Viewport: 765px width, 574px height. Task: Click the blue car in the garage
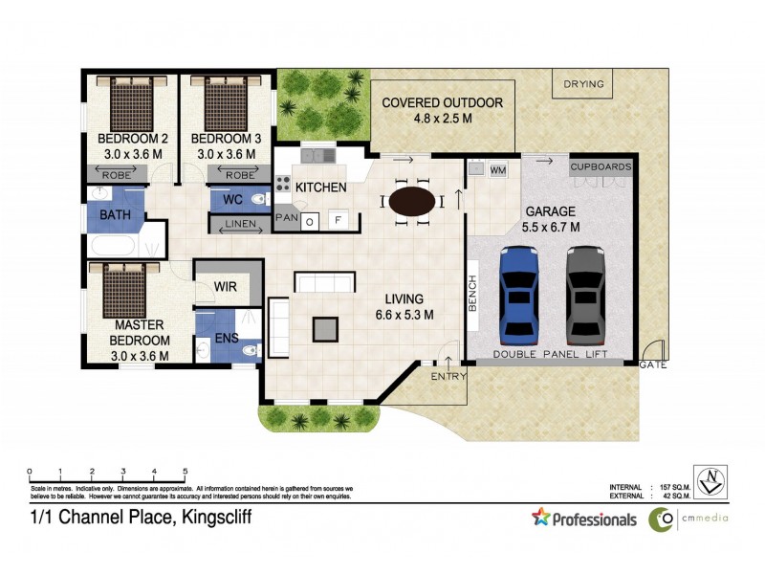point(519,296)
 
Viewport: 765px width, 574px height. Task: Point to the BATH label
point(115,216)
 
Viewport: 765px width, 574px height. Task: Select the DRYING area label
point(583,84)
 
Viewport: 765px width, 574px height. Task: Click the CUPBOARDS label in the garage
point(601,166)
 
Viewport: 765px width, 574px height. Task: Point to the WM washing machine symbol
point(497,170)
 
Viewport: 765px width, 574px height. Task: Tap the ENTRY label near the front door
point(448,376)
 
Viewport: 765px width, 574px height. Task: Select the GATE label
point(653,365)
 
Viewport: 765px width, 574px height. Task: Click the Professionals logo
point(584,519)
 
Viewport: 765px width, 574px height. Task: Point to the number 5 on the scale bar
point(184,471)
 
